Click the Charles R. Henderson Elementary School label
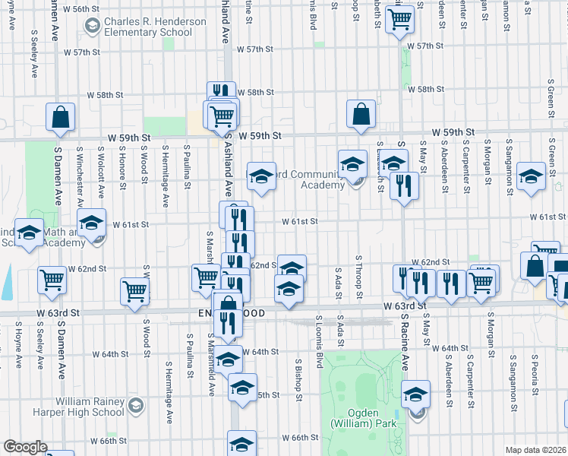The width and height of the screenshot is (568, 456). [x=155, y=28]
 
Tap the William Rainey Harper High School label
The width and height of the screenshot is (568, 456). [x=89, y=407]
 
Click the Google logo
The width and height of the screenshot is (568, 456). [x=25, y=447]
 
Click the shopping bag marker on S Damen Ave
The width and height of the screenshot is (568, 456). [x=60, y=117]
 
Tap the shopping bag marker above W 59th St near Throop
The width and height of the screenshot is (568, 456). [x=361, y=113]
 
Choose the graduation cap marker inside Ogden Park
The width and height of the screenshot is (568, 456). [x=416, y=395]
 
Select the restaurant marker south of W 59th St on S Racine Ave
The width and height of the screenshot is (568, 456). [x=404, y=185]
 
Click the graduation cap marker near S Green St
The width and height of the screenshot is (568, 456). [x=531, y=177]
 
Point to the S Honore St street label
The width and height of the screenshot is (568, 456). [x=122, y=171]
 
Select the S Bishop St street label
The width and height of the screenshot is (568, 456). [x=299, y=381]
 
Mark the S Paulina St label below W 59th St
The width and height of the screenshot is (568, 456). [x=187, y=167]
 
